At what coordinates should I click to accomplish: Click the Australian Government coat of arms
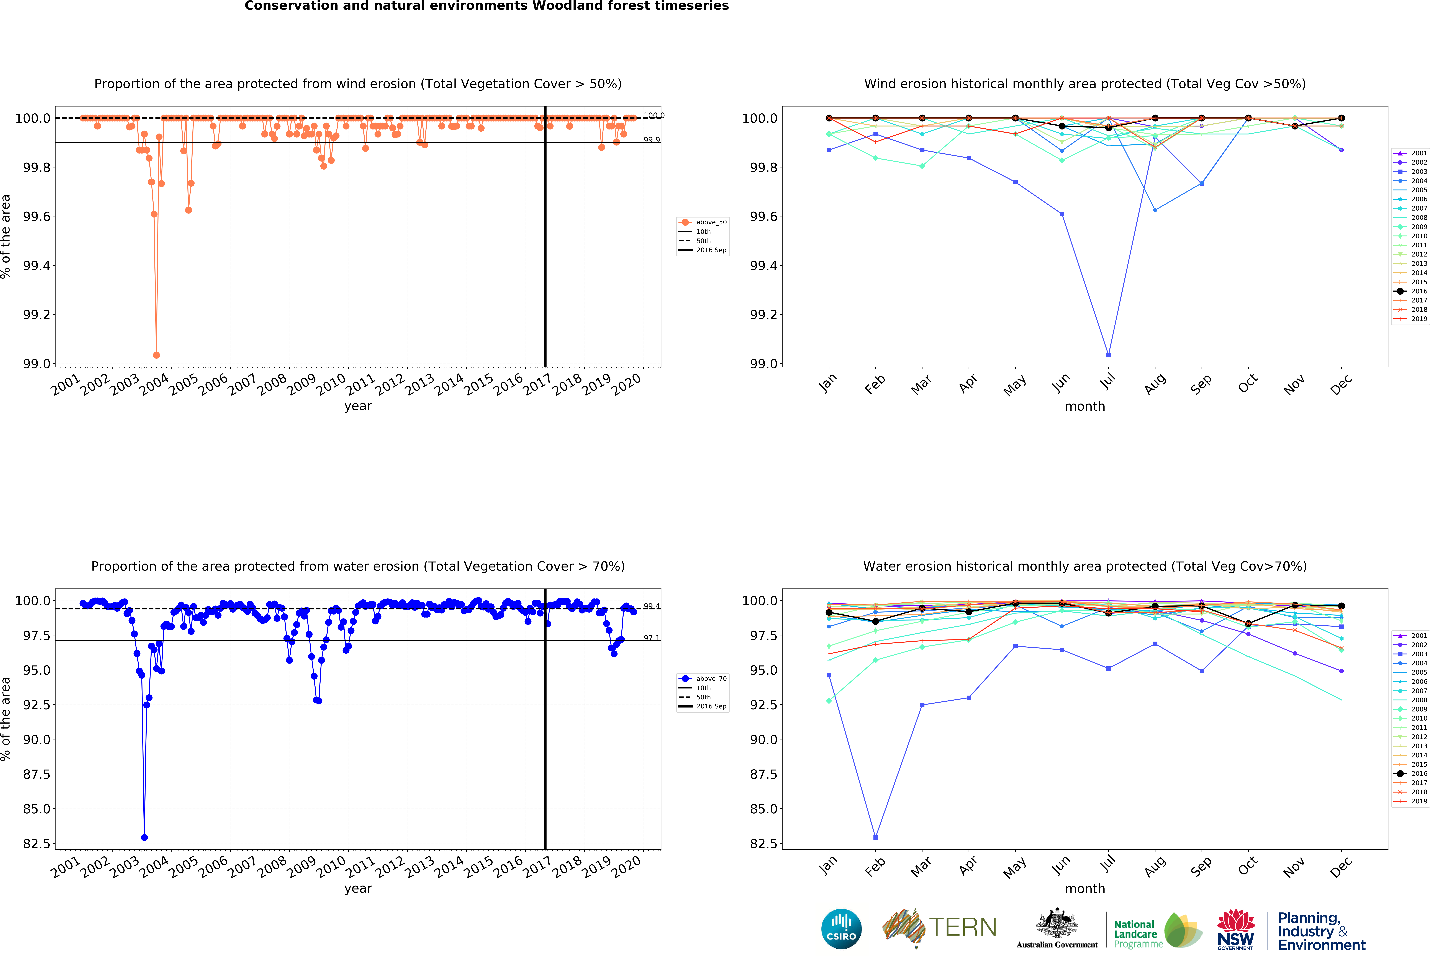coord(1057,923)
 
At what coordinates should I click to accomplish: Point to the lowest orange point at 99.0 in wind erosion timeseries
coord(156,355)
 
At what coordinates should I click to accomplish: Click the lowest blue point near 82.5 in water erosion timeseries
coord(144,837)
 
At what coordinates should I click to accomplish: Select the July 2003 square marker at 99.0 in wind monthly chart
coord(1108,355)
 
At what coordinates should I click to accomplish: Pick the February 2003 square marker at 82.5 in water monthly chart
coord(876,837)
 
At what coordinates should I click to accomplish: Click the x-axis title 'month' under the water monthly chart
coord(1085,888)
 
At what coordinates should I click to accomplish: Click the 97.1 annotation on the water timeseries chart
coord(651,638)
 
